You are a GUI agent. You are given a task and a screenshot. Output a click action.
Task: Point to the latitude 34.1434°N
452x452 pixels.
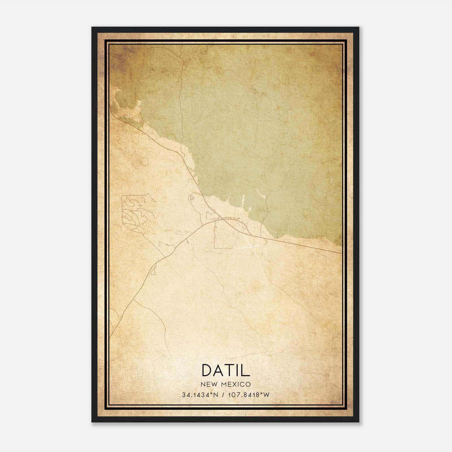point(200,395)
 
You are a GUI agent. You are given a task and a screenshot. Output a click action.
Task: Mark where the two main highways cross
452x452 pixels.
point(221,219)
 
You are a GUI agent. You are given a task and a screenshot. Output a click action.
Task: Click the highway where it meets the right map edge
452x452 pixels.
point(341,253)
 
